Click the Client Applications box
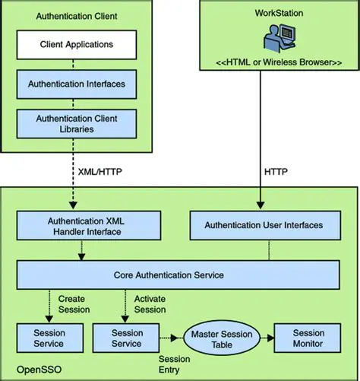click(76, 44)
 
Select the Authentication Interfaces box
click(76, 84)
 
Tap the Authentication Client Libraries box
click(76, 124)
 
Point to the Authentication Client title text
click(76, 14)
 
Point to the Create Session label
click(74, 304)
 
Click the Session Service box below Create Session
click(49, 338)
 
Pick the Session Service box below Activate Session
click(127, 338)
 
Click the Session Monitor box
click(308, 338)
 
